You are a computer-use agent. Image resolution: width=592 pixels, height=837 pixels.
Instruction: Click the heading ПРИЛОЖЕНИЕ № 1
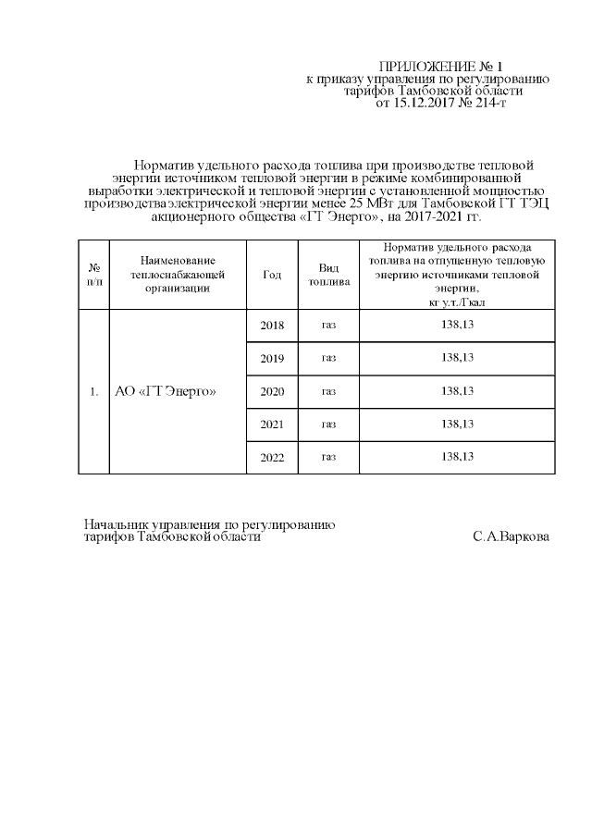[441, 67]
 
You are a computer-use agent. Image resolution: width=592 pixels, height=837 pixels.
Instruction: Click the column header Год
[272, 275]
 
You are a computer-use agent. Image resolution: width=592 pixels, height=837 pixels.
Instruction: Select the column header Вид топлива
[328, 275]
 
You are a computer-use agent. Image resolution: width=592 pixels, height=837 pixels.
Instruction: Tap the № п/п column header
[93, 275]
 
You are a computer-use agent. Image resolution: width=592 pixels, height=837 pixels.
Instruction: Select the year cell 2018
[272, 326]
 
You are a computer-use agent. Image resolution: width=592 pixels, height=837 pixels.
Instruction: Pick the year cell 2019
[272, 359]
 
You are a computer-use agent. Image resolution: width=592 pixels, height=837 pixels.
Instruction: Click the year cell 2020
[272, 392]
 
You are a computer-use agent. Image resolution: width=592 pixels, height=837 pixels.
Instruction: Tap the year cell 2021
[272, 425]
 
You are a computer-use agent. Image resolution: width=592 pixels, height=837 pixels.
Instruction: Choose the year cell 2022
[272, 457]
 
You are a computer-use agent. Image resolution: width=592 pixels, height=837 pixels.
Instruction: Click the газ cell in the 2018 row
[328, 326]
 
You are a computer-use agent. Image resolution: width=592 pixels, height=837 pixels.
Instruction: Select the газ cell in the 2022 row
[328, 457]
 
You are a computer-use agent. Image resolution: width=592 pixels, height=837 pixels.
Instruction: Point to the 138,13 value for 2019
[458, 358]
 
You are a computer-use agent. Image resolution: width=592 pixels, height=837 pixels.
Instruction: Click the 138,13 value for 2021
[458, 424]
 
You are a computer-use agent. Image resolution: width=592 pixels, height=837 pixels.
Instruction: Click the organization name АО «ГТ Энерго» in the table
[165, 392]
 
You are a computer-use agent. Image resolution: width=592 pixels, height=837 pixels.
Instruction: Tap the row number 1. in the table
[93, 392]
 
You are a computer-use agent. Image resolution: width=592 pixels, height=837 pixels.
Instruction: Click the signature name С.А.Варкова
[510, 536]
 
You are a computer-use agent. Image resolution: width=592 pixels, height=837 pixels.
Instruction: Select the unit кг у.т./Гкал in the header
[457, 302]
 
